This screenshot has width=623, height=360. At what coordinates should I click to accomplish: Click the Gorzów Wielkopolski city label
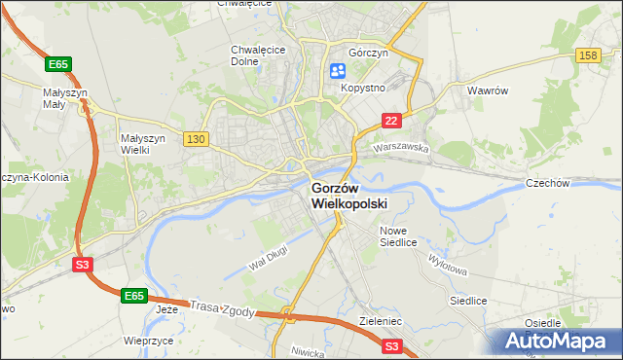click(348, 196)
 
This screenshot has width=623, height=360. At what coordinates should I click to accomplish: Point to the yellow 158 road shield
click(587, 56)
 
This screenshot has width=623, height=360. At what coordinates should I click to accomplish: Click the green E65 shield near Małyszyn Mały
click(58, 64)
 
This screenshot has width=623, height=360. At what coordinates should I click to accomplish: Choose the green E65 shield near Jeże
click(134, 294)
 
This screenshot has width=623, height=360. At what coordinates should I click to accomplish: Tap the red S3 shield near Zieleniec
click(392, 345)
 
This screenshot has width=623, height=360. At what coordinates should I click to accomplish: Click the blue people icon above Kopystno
click(338, 70)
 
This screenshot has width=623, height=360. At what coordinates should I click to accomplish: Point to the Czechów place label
click(574, 183)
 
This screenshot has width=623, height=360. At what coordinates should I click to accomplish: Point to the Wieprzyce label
click(149, 342)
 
